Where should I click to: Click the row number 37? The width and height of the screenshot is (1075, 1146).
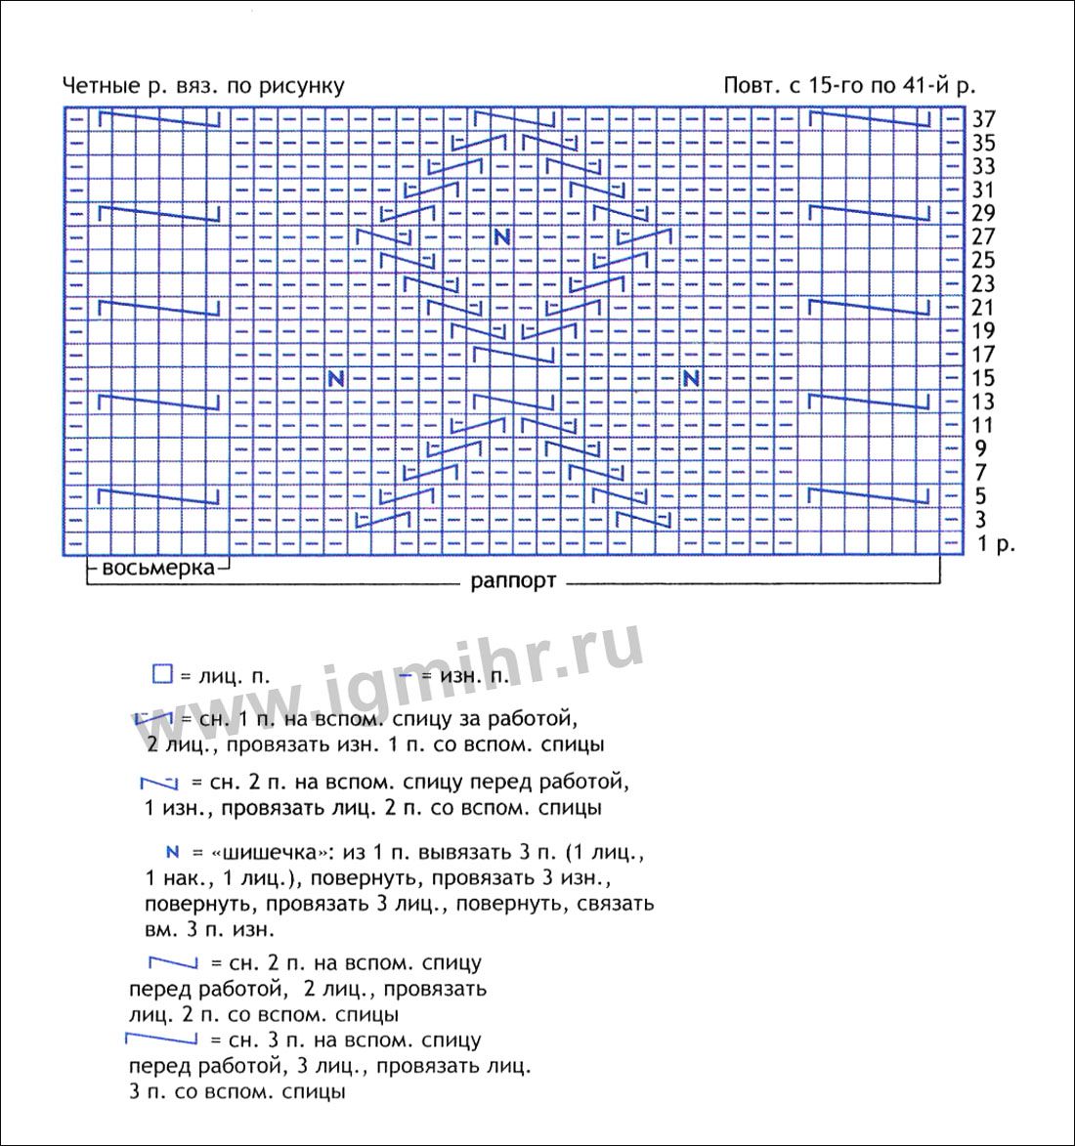pyautogui.click(x=983, y=119)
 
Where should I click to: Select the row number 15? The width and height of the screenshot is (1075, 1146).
pyautogui.click(x=983, y=378)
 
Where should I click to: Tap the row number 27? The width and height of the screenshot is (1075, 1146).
pyautogui.click(x=983, y=236)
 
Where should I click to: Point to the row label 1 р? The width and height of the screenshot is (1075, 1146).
pyautogui.click(x=996, y=544)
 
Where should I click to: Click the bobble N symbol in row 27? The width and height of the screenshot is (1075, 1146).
pyautogui.click(x=502, y=236)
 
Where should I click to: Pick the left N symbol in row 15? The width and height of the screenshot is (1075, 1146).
pyautogui.click(x=336, y=378)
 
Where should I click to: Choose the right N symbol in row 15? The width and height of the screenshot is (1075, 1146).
pyautogui.click(x=692, y=378)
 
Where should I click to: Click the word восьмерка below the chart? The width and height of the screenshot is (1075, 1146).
pyautogui.click(x=157, y=568)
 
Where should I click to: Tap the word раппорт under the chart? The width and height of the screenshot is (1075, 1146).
pyautogui.click(x=513, y=581)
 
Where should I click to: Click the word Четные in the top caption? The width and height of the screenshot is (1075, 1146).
pyautogui.click(x=97, y=86)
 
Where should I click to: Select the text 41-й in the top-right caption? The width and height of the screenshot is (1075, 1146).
pyautogui.click(x=919, y=86)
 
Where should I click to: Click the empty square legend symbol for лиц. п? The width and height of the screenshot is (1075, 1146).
pyautogui.click(x=162, y=674)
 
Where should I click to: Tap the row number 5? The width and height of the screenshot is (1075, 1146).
pyautogui.click(x=980, y=496)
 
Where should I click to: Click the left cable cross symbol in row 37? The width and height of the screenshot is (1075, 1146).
pyautogui.click(x=159, y=119)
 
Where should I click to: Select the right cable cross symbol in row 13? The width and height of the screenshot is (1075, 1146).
pyautogui.click(x=870, y=402)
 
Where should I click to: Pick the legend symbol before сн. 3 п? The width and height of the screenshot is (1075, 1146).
pyautogui.click(x=161, y=1038)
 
